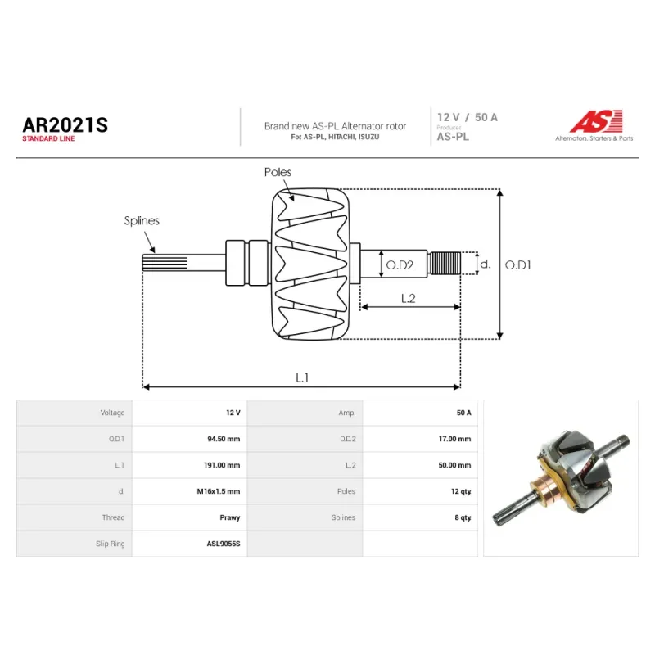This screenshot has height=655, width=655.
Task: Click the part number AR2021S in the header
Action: (x=65, y=125)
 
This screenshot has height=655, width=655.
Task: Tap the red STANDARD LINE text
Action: (x=48, y=138)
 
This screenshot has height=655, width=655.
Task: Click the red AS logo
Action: (x=597, y=121)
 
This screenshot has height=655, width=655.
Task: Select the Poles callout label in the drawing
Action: (x=278, y=172)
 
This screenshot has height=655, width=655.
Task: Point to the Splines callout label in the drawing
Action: (x=142, y=220)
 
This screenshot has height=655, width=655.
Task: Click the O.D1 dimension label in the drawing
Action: (x=518, y=264)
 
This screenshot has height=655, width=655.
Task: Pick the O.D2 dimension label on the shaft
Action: (x=400, y=264)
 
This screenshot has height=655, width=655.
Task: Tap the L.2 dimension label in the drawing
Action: (x=408, y=298)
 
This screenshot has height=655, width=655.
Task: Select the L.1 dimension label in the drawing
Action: (x=302, y=377)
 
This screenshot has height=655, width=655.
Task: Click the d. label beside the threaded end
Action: (x=485, y=264)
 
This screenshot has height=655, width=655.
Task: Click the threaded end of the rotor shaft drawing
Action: (x=445, y=263)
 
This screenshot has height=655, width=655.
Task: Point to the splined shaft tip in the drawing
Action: (x=165, y=263)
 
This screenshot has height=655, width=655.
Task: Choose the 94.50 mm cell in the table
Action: (x=224, y=439)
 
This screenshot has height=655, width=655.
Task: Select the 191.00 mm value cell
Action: (x=222, y=465)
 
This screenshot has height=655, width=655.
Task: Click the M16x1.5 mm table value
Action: (x=219, y=491)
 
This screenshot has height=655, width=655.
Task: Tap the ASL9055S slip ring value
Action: (x=224, y=544)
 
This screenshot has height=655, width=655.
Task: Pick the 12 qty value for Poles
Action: (x=461, y=491)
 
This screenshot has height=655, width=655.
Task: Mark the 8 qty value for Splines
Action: (x=463, y=517)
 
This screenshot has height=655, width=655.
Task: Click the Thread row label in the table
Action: (x=113, y=517)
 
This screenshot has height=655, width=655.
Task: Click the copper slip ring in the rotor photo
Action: (x=544, y=487)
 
